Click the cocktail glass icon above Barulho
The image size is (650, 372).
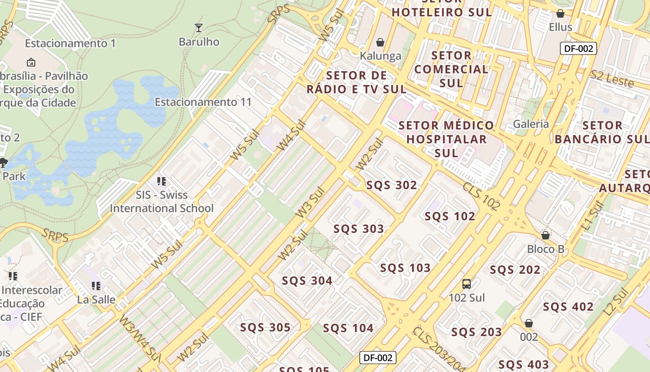[199, 28]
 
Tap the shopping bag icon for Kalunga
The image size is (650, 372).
[380, 43]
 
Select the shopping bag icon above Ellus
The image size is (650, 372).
[560, 13]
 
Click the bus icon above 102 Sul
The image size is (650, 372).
[467, 284]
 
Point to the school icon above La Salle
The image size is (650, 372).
[96, 286]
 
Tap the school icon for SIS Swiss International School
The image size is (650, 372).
[162, 181]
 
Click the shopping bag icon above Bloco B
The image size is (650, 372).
[546, 235]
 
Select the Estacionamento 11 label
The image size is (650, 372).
[203, 102]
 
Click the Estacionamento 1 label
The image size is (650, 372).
[70, 43]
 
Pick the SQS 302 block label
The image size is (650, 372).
[391, 185]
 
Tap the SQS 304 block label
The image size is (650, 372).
[307, 281]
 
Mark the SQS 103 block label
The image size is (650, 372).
[405, 268]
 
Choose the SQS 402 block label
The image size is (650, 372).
[568, 307]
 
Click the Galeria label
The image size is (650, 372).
[531, 124]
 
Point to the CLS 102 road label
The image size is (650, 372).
[481, 196]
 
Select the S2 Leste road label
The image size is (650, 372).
[612, 79]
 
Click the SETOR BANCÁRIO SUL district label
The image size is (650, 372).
[602, 132]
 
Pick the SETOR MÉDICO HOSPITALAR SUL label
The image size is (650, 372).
[446, 139]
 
